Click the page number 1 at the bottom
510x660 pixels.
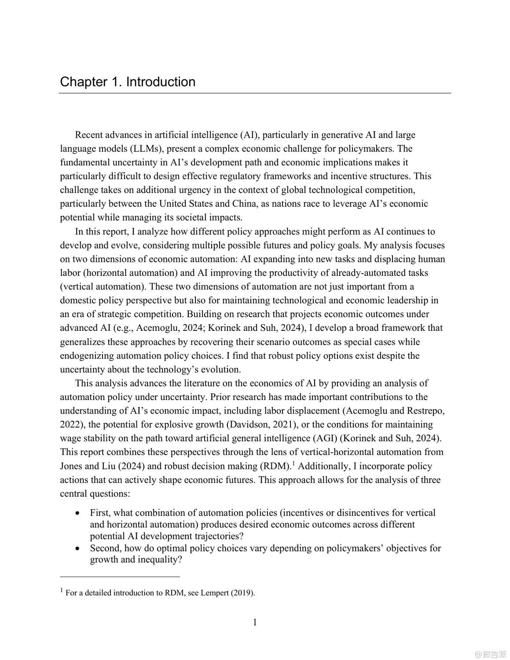point(255,622)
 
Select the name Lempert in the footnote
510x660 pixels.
point(215,593)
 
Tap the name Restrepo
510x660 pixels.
point(425,411)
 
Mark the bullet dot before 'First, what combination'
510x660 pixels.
point(78,513)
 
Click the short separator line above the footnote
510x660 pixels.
point(120,576)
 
